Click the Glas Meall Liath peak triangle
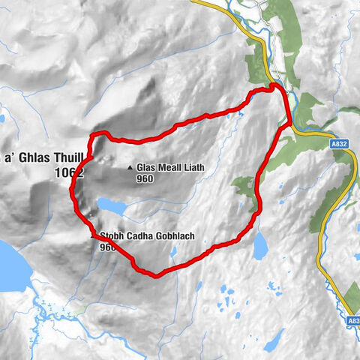coord(130,168)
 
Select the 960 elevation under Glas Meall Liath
coord(145,179)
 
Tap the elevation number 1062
coord(68,172)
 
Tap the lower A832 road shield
coord(352,320)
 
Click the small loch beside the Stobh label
coord(111,205)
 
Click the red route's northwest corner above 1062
coord(94,136)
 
